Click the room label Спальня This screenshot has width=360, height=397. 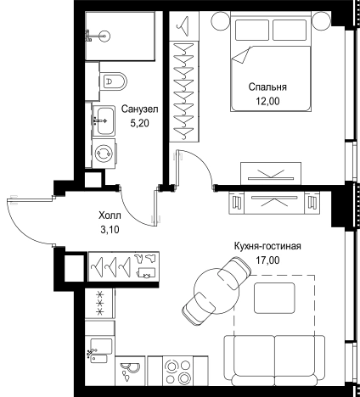click(267, 87)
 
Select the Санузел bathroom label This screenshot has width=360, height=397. click(138, 109)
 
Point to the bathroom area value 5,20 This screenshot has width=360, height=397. click(138, 123)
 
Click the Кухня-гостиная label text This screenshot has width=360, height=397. click(267, 247)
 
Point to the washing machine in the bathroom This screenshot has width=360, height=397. click(104, 154)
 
